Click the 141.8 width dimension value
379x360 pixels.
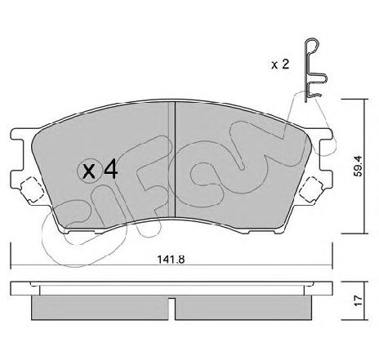pos(171,260)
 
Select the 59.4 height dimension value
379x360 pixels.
pos(359,166)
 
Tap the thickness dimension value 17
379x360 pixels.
pos(359,300)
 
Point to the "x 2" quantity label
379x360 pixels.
pos(279,64)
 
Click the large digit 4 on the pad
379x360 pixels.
pos(111,169)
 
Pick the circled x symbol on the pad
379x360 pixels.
pos(89,171)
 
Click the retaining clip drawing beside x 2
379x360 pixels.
pos(315,70)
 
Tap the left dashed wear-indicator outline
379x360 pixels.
pos(32,189)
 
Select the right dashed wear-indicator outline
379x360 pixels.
pos(310,189)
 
